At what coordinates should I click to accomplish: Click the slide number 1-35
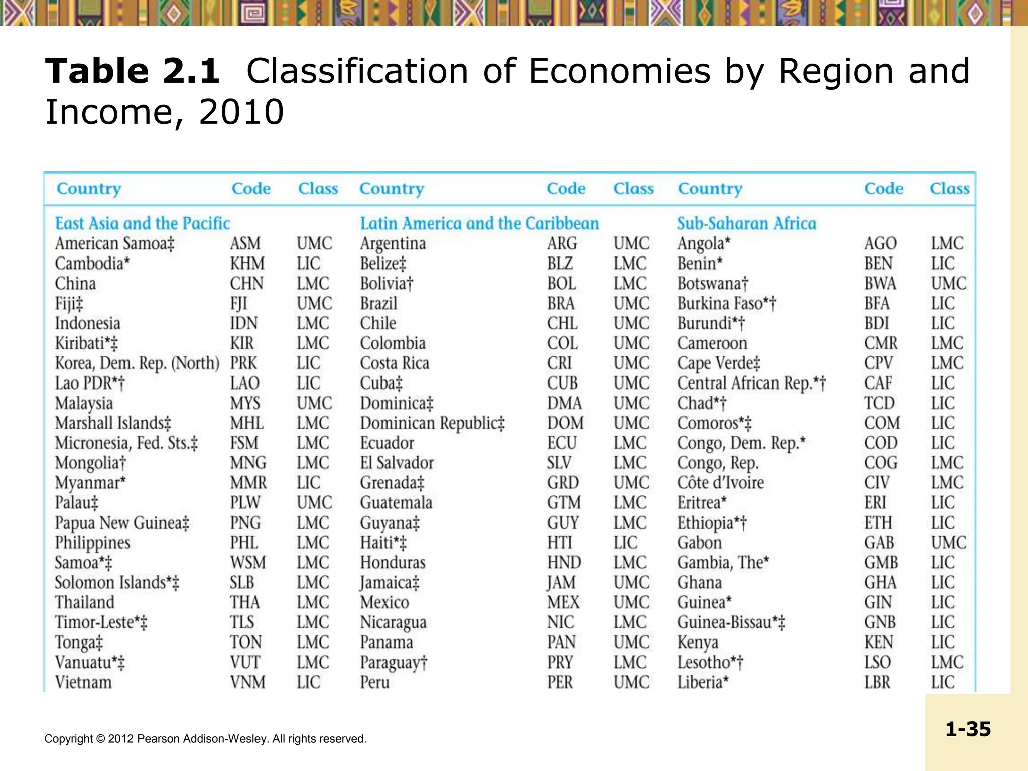point(968,729)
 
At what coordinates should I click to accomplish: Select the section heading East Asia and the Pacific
point(143,223)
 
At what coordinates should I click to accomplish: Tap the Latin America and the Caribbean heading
point(479,223)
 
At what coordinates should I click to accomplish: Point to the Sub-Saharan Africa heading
point(746,223)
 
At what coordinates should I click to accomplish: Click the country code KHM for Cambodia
point(247,264)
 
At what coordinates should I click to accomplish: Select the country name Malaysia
point(84,403)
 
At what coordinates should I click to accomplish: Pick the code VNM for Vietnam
point(247,682)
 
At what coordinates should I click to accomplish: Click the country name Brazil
point(378,304)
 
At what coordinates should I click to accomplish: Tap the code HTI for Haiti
point(559,543)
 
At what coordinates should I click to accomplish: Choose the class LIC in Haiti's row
point(625,543)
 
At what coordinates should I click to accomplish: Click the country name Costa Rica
point(395,363)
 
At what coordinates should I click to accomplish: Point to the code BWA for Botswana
point(880,284)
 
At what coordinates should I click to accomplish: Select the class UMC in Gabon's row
point(948,543)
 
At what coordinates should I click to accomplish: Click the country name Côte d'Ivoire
point(720,483)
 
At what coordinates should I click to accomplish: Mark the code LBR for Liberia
point(877,682)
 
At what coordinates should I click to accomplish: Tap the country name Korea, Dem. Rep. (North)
point(137,363)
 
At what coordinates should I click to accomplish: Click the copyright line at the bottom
point(205,739)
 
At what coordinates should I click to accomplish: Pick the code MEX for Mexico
point(563,602)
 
